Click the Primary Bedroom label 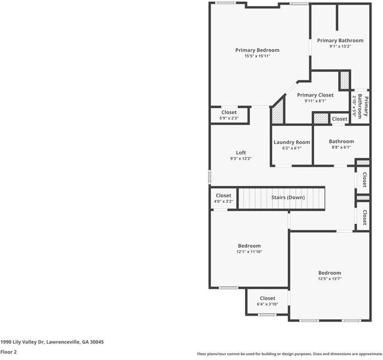(257, 50)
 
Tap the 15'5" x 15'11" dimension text (257, 56)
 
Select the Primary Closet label (315, 95)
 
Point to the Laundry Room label (292, 142)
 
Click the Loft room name (240, 152)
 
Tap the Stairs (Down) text (288, 197)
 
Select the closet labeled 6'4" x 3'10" (267, 304)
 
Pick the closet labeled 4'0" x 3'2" (224, 202)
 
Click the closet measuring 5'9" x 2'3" (229, 118)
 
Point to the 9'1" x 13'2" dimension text (340, 46)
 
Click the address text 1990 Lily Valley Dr (52, 342)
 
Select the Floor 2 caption (8, 352)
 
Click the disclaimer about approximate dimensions (289, 353)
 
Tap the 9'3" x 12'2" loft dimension (240, 159)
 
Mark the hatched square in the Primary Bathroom (344, 80)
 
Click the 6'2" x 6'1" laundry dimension (292, 148)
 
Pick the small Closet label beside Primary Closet (339, 119)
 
